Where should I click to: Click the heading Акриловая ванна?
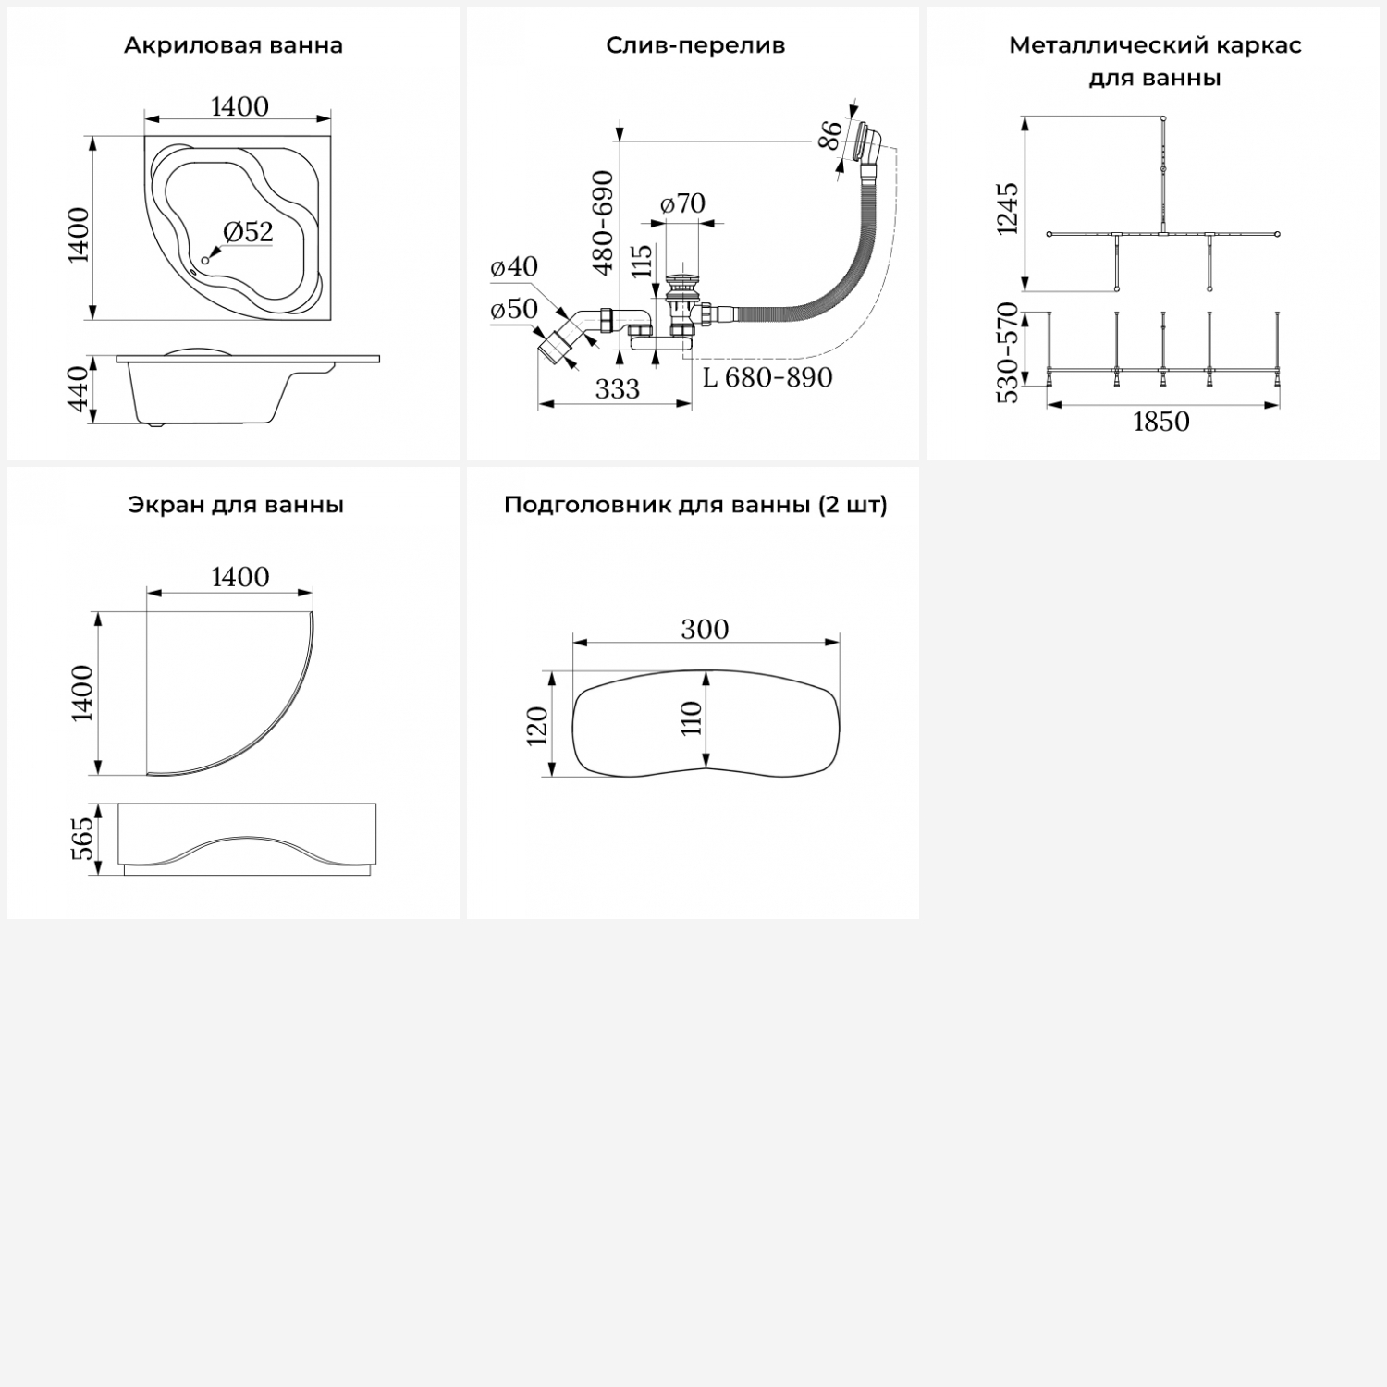pyautogui.click(x=233, y=45)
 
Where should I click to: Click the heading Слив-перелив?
pyautogui.click(x=695, y=45)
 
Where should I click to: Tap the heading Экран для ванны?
pyautogui.click(x=236, y=505)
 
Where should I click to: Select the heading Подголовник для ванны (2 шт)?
pyautogui.click(x=695, y=505)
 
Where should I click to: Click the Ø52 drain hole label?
pyautogui.click(x=248, y=231)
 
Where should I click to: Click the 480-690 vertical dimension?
pyautogui.click(x=603, y=223)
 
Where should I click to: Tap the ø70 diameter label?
pyautogui.click(x=682, y=203)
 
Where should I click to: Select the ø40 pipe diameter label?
pyautogui.click(x=514, y=266)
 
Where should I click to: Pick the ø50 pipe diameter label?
pyautogui.click(x=514, y=309)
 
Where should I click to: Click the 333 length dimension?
pyautogui.click(x=617, y=388)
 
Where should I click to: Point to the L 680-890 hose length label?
pyautogui.click(x=767, y=377)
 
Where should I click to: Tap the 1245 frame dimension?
pyautogui.click(x=1007, y=208)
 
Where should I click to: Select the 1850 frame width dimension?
pyautogui.click(x=1161, y=422)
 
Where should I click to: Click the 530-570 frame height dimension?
pyautogui.click(x=1007, y=352)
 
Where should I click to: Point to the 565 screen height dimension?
pyautogui.click(x=83, y=838)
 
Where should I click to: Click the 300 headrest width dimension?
pyautogui.click(x=705, y=629)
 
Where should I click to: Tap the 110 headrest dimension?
pyautogui.click(x=692, y=718)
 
